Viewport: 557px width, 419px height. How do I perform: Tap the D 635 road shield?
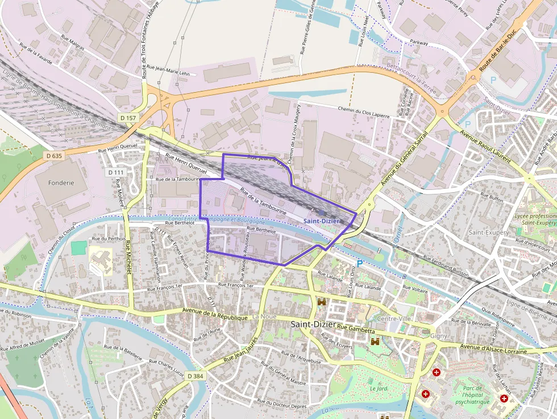[53, 155]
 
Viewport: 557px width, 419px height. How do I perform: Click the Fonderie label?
[62, 183]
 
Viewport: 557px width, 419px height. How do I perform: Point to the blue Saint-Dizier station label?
[322, 220]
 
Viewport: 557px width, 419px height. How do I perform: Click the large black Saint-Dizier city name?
[312, 324]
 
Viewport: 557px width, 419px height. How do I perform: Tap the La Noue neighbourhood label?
[264, 316]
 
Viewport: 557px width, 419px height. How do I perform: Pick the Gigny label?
[439, 336]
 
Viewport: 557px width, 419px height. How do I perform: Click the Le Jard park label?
[378, 388]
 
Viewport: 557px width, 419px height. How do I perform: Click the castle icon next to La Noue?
[322, 302]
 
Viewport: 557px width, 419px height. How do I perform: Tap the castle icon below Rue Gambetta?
[375, 342]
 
